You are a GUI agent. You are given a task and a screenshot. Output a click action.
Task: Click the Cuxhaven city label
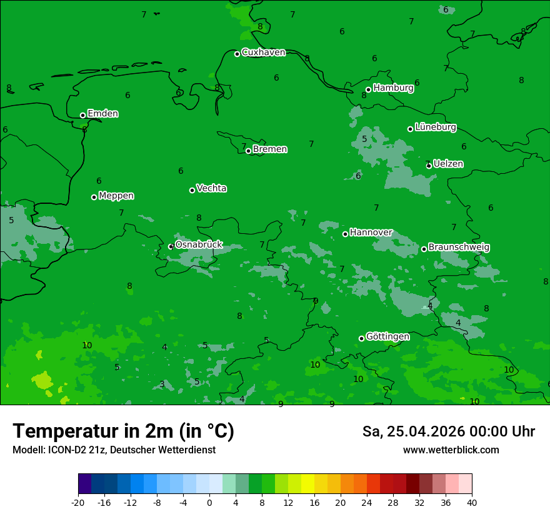tap(263, 53)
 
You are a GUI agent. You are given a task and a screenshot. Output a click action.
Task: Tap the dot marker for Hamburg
tap(368, 89)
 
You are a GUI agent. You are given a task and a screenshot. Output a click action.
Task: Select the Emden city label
tap(102, 114)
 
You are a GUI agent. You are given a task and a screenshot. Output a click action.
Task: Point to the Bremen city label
tap(270, 149)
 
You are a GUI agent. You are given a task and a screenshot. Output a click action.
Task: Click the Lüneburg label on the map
tap(436, 128)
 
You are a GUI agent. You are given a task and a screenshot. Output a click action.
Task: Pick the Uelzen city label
tap(448, 164)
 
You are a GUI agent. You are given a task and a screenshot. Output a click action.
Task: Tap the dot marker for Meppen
tap(94, 197)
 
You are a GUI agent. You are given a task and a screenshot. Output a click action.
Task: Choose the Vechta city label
tap(211, 188)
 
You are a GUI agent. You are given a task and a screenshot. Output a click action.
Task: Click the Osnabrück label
tap(199, 244)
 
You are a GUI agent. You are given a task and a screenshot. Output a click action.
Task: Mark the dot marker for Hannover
tap(345, 234)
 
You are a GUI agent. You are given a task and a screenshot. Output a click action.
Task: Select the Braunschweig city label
tap(459, 248)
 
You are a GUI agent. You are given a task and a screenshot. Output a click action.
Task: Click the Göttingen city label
tap(387, 337)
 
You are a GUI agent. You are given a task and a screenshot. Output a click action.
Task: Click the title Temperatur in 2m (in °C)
tap(123, 431)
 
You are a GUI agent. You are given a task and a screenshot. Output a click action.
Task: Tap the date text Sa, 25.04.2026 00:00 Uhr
tap(448, 431)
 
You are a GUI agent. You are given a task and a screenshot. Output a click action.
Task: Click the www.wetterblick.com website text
tap(451, 450)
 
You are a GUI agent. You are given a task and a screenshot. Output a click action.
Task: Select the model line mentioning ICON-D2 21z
tap(114, 450)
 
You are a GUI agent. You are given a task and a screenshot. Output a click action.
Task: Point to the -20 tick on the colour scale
tap(78, 503)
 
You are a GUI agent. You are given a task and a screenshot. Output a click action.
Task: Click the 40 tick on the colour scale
tap(472, 503)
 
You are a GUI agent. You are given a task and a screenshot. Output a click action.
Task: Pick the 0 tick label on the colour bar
tap(209, 503)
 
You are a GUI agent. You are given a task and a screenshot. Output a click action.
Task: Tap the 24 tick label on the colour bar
tap(367, 503)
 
